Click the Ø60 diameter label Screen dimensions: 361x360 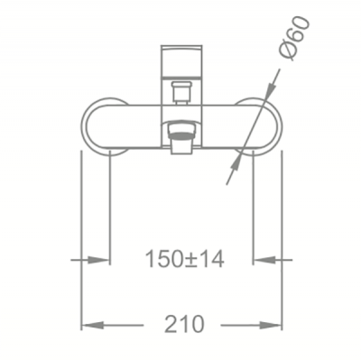coord(294,39)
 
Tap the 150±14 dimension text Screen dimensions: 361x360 coord(184,259)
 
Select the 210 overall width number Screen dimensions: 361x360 coord(184,324)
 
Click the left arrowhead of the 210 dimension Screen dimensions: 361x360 coord(93,325)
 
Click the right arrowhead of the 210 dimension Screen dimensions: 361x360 coord(271,325)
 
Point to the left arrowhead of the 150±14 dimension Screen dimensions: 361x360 coord(98,260)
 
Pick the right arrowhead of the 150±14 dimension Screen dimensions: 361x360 coord(264,260)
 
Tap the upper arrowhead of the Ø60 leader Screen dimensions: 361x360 coord(272,88)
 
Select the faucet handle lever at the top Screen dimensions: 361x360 coord(182,60)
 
